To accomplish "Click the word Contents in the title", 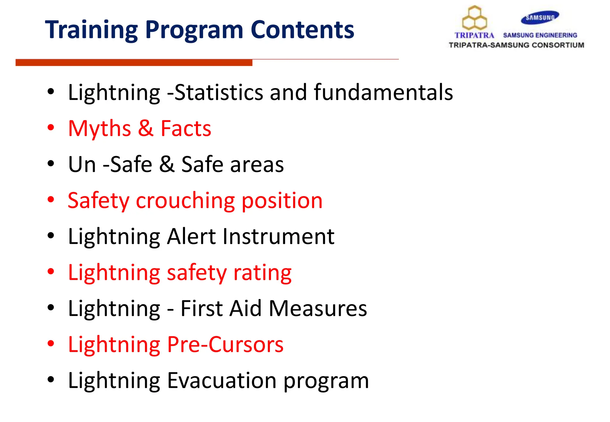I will [302, 30].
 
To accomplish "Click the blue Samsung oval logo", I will [540, 18].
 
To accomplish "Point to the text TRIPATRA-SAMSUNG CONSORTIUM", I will [516, 45].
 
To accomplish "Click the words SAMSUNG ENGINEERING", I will [540, 35].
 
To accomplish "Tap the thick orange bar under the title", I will [134, 62].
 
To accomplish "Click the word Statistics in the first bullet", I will [219, 92].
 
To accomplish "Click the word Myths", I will [99, 129].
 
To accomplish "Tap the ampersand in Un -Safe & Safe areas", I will [166, 164].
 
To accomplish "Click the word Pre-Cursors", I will [225, 345].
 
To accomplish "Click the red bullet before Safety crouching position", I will [51, 200].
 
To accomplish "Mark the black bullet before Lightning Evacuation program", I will [51, 379].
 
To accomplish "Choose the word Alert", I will [192, 237].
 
